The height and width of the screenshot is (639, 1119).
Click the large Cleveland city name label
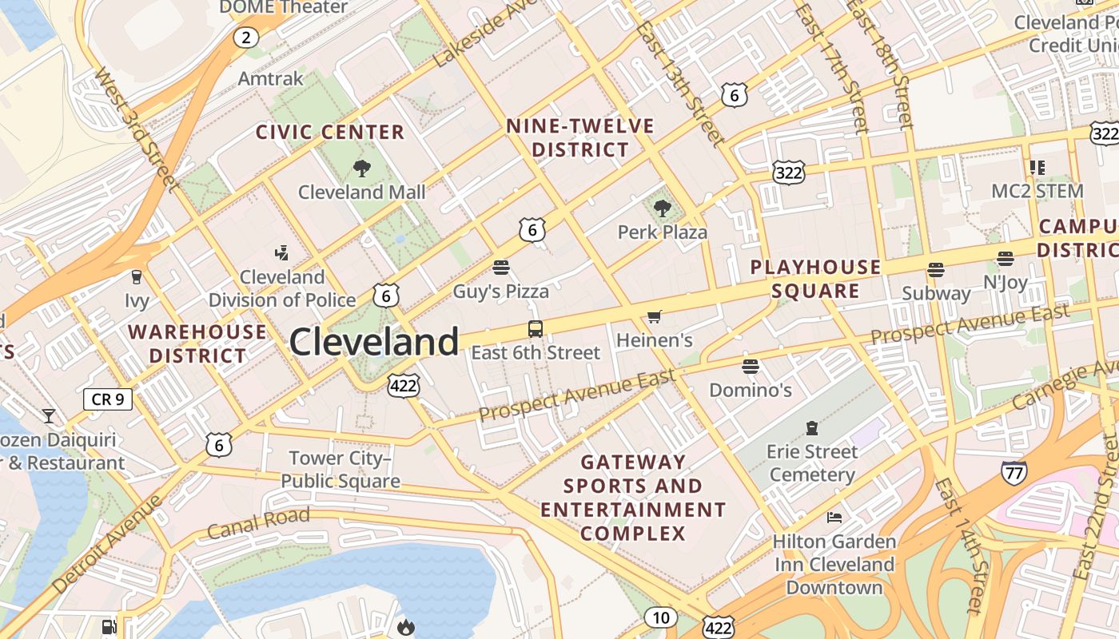click(374, 342)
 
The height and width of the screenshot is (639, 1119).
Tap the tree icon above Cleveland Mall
click(361, 169)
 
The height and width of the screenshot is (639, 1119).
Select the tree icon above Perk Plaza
click(662, 209)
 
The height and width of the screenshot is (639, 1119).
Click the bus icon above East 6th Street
click(535, 328)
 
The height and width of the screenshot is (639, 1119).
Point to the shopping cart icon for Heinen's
click(654, 317)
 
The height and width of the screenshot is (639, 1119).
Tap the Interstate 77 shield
click(1013, 473)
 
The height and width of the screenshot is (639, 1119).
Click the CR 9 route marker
click(108, 399)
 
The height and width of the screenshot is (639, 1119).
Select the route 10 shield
click(660, 617)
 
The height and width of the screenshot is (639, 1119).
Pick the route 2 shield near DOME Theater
click(246, 37)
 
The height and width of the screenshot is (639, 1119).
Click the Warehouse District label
click(198, 343)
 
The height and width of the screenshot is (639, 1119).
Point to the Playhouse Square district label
click(815, 279)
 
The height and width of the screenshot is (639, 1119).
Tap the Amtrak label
click(271, 78)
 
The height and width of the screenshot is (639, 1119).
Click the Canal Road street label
click(258, 522)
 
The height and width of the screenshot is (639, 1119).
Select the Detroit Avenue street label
click(106, 544)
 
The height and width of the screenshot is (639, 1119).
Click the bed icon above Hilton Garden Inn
click(834, 518)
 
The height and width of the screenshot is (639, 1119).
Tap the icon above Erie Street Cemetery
click(812, 428)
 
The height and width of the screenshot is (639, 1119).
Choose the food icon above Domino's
click(750, 367)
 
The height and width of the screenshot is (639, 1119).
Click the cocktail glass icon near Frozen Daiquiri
click(49, 416)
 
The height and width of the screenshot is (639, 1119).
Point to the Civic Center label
click(330, 132)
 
